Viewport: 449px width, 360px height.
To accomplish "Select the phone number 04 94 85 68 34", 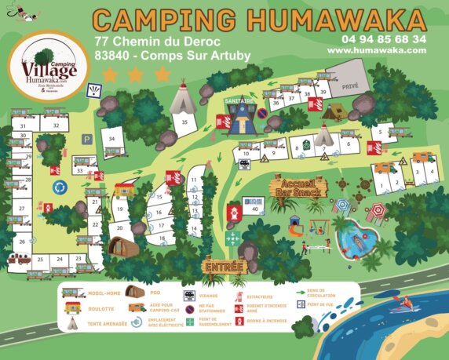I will click(x=384, y=38).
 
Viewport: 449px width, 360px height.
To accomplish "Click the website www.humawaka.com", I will click(x=377, y=49).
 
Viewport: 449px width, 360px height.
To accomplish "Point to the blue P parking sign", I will click(x=87, y=139).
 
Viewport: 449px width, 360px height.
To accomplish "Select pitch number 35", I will click(x=184, y=122).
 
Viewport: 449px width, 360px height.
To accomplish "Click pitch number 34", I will click(x=112, y=139).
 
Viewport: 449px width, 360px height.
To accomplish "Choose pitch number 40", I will click(x=254, y=209).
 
